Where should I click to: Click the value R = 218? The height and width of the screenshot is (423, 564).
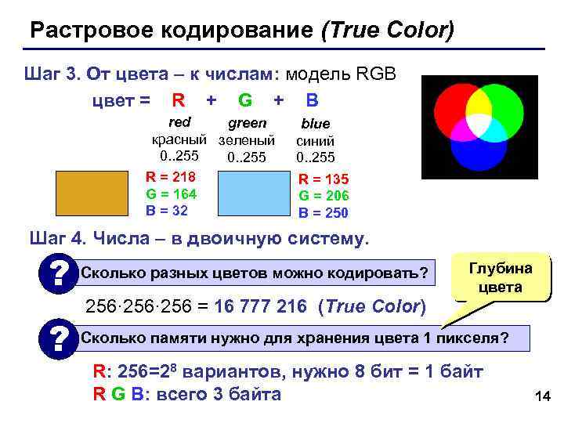point(171,176)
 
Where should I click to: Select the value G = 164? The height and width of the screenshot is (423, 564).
point(171,193)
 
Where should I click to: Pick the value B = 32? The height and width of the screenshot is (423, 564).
point(167,210)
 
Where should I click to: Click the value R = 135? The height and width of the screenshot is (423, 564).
point(324,179)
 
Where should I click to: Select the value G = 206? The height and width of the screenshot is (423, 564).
point(324,196)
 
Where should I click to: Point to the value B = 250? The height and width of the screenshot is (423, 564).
point(324,212)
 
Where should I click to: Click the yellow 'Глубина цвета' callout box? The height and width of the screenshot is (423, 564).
point(501,278)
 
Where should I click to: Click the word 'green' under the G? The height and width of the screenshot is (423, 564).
point(247,124)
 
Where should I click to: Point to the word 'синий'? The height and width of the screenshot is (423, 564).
point(316,141)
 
